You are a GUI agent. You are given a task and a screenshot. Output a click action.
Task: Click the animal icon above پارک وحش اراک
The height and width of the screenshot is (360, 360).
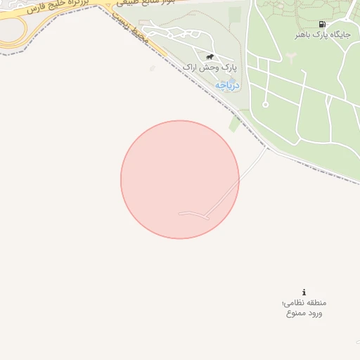(x=210, y=57)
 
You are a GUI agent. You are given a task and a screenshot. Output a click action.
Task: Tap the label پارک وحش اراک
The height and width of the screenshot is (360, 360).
(x=210, y=67)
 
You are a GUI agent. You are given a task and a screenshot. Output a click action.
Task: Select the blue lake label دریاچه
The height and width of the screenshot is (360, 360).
(x=227, y=85)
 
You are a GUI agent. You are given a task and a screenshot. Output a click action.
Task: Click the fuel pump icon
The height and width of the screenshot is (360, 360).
(x=322, y=24)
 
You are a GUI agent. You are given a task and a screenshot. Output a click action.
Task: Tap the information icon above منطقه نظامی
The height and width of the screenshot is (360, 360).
(x=304, y=292)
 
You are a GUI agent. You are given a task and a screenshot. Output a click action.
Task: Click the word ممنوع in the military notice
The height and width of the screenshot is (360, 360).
(x=295, y=313)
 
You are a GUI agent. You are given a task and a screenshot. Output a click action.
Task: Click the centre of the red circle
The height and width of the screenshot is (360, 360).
(x=180, y=179)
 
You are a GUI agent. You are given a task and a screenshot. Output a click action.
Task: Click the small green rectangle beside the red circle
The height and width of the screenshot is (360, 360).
(x=235, y=124)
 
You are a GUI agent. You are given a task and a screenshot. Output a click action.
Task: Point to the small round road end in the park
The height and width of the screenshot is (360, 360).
(x=265, y=105)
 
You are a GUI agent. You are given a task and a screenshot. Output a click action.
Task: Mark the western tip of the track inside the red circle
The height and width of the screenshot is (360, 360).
(x=180, y=213)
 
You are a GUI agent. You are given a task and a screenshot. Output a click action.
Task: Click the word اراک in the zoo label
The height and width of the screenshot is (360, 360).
(x=193, y=67)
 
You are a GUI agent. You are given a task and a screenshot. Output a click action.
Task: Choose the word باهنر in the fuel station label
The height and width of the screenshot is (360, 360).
(x=307, y=34)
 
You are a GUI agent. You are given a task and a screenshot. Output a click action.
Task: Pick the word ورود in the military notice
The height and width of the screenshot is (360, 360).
(x=315, y=313)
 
